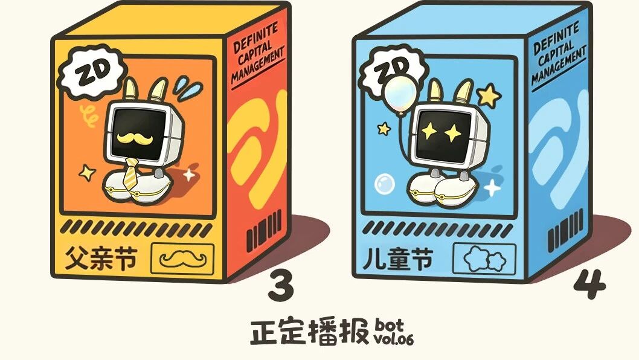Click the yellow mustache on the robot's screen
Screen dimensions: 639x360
pyautogui.click(x=135, y=138)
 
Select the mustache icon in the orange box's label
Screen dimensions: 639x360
pyautogui.click(x=182, y=259)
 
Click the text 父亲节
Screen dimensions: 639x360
pyautogui.click(x=100, y=258)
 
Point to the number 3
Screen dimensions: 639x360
pyautogui.click(x=281, y=284)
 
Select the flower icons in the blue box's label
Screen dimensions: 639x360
pyautogui.click(x=485, y=259)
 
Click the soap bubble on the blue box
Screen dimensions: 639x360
pyautogui.click(x=384, y=184)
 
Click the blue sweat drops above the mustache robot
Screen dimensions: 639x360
pyautogui.click(x=188, y=88)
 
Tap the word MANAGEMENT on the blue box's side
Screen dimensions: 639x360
pyautogui.click(x=558, y=65)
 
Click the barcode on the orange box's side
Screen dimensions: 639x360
pyautogui.click(x=264, y=230)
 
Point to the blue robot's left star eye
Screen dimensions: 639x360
pyautogui.click(x=429, y=131)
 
